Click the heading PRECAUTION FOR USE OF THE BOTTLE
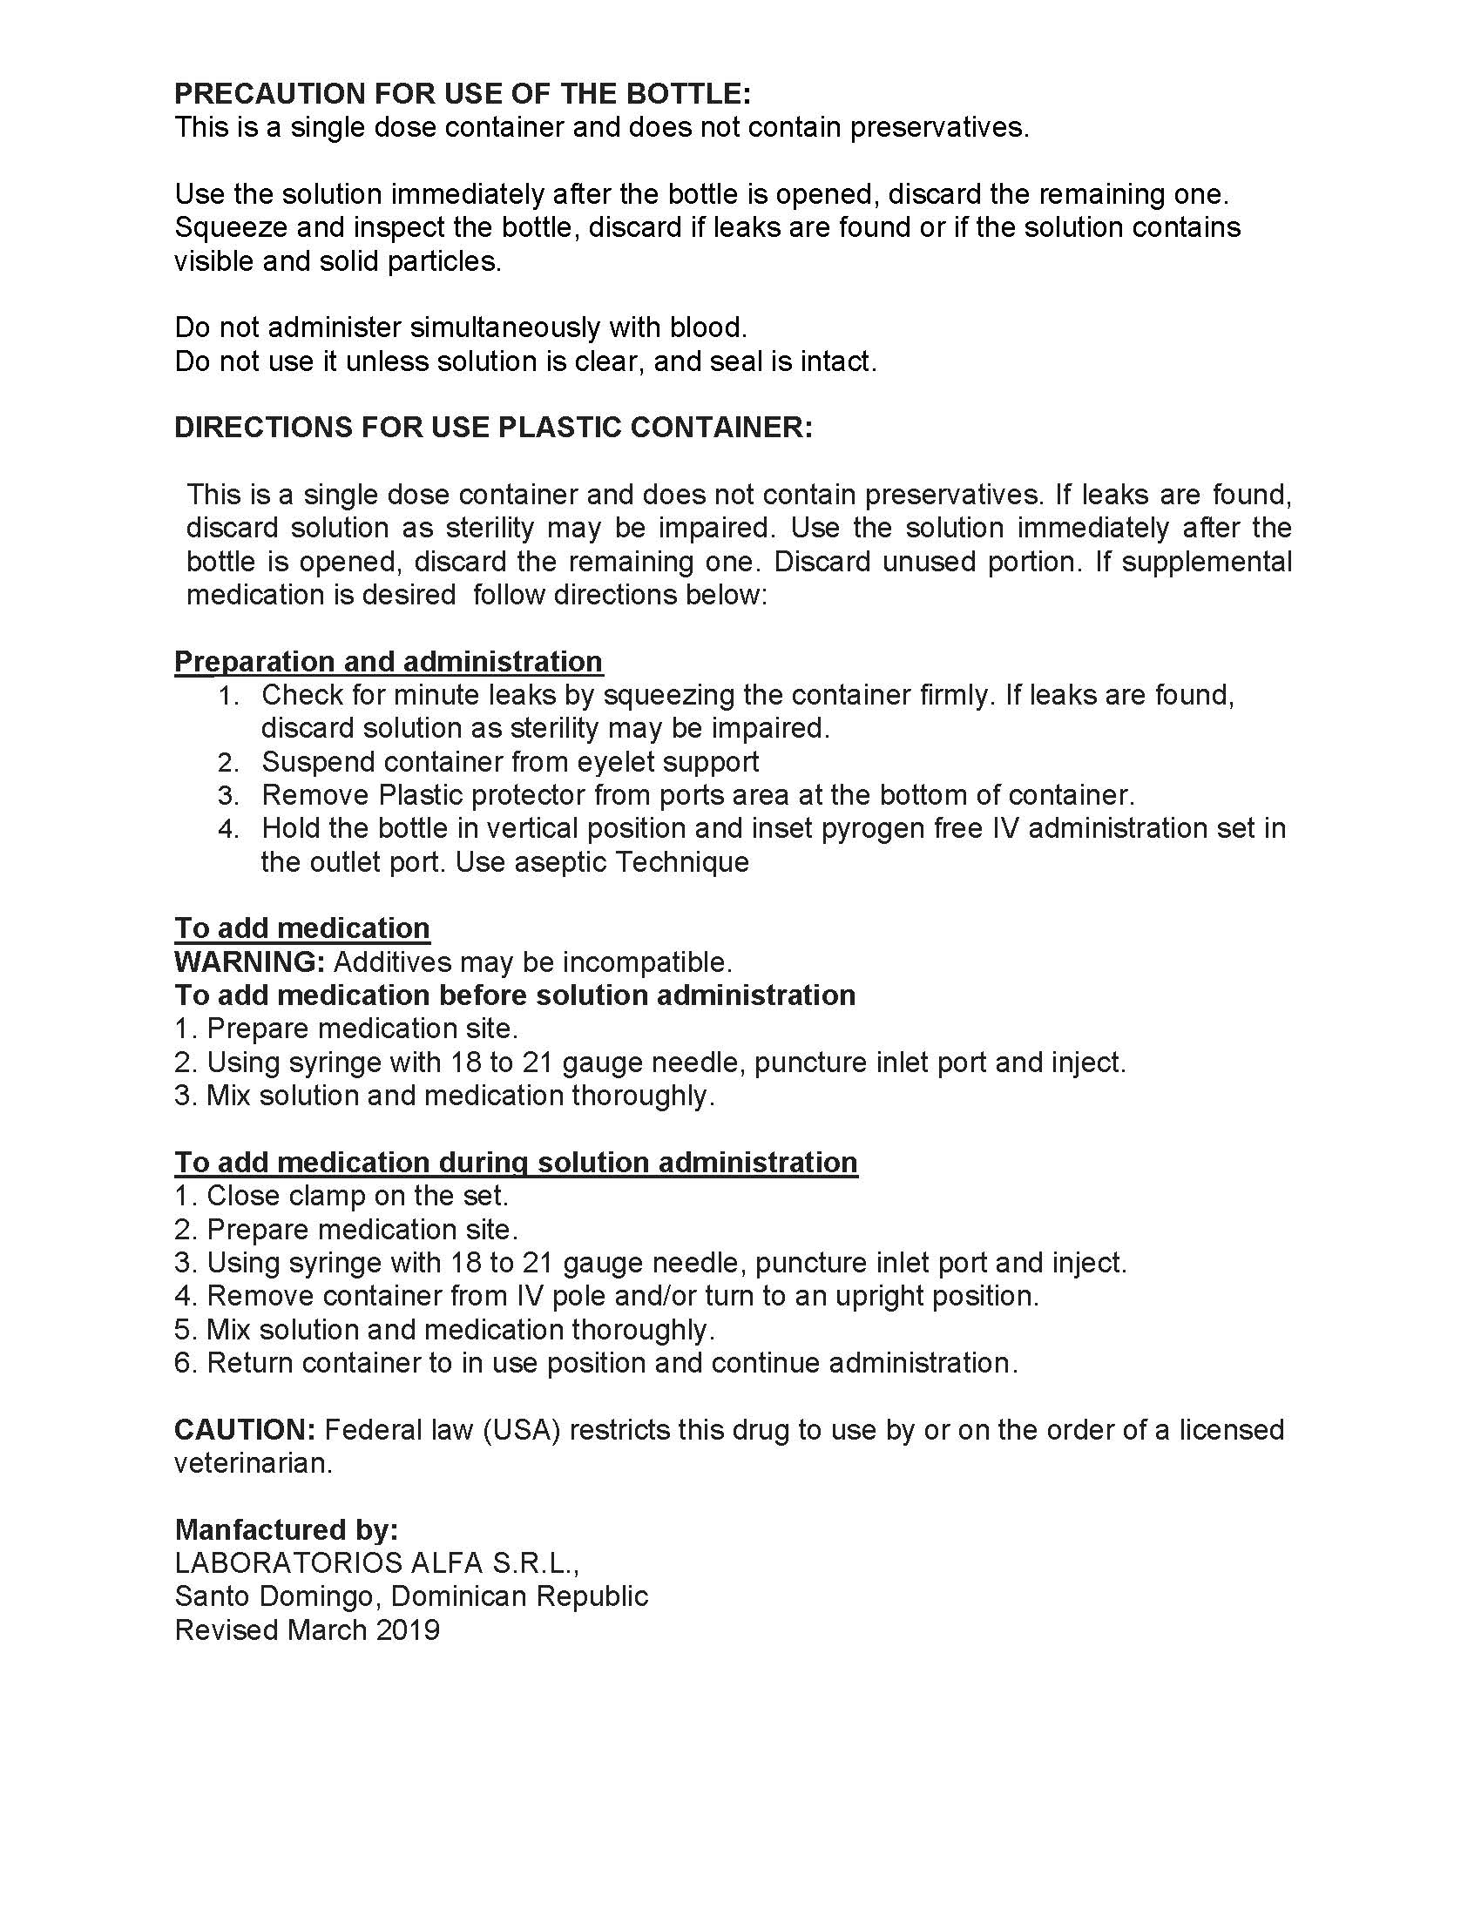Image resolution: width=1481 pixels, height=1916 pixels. [463, 94]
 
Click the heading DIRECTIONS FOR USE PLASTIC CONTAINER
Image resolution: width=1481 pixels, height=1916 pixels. [493, 428]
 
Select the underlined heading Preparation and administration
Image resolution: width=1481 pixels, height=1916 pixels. [389, 662]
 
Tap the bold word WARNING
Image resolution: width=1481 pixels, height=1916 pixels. [249, 962]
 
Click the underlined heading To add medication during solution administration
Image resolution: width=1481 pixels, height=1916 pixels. [516, 1163]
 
